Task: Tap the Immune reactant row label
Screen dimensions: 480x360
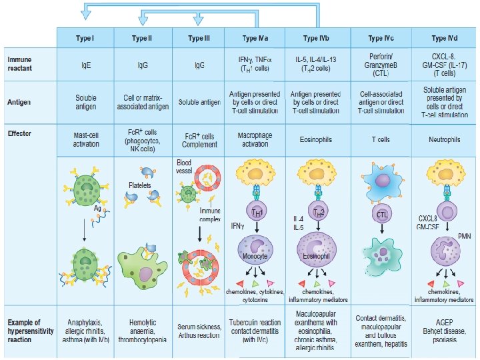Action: pos(19,64)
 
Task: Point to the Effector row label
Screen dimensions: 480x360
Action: pos(19,133)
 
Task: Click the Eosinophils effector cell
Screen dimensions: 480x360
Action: pos(317,140)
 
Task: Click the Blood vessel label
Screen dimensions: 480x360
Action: pos(185,167)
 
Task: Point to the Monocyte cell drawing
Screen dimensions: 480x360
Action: pos(257,255)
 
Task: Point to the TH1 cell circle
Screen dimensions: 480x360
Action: pos(257,213)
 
